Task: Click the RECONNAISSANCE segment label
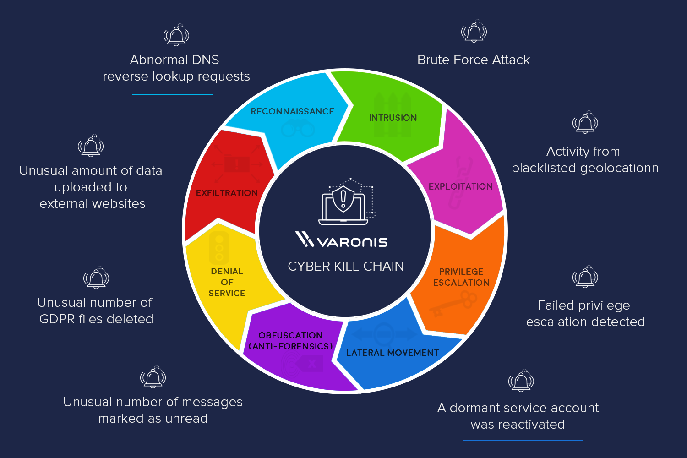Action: click(292, 111)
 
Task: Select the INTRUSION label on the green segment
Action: click(393, 118)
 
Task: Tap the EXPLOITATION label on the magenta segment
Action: click(460, 186)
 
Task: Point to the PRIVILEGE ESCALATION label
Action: click(461, 277)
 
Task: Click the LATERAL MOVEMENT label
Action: click(393, 353)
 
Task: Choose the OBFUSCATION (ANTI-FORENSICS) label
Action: click(290, 341)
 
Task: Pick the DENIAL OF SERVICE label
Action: click(227, 282)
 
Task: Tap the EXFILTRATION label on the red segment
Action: click(227, 193)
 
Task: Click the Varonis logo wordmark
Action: click(342, 240)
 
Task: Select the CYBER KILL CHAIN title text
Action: click(346, 266)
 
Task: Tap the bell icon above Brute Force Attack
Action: click(474, 32)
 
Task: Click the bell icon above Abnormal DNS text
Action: click(176, 35)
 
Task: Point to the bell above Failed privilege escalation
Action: click(585, 277)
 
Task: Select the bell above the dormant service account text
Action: click(521, 381)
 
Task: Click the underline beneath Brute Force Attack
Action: click(474, 76)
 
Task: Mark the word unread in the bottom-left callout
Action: click(187, 418)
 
